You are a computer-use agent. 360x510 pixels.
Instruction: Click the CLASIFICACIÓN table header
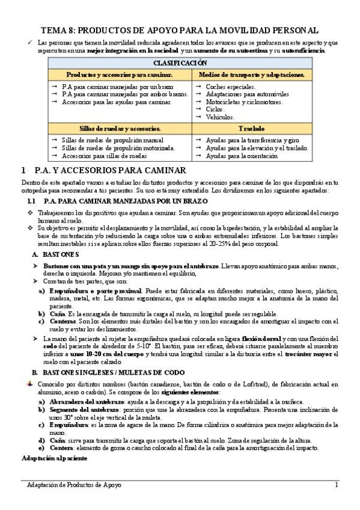tap(180, 63)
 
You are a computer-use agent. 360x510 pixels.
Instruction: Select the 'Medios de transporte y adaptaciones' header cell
tap(251, 75)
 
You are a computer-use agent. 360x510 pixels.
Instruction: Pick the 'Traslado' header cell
tap(251, 128)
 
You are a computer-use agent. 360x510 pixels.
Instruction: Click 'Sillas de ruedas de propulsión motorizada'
tap(118, 148)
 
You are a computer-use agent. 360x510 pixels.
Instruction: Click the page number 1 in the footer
tap(337, 485)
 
